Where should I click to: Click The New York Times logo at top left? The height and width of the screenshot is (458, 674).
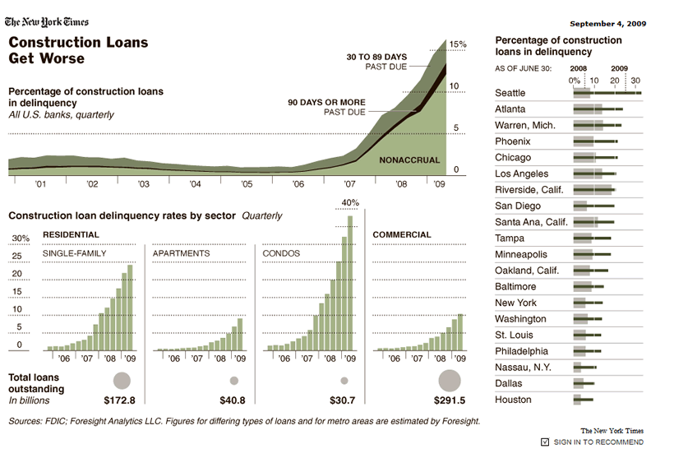[48, 22]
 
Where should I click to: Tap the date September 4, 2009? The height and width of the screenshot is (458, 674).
[607, 23]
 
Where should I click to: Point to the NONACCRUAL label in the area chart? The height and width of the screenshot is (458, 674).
[409, 160]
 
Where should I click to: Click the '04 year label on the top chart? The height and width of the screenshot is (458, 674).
[195, 185]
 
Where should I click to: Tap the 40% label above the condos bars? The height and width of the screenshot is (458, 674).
[349, 202]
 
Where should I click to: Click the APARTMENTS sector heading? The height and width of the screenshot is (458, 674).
[181, 253]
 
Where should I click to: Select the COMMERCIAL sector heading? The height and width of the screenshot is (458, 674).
[402, 234]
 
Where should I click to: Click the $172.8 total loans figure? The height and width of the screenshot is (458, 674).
[119, 400]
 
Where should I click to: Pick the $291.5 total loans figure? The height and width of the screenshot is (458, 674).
[449, 400]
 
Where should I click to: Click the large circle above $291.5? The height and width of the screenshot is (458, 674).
[450, 380]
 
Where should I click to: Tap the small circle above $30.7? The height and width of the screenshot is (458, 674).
[344, 381]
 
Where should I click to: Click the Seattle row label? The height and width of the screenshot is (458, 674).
[510, 93]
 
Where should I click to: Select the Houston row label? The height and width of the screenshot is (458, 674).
[513, 400]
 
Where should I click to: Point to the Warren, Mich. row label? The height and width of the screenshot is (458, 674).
[525, 125]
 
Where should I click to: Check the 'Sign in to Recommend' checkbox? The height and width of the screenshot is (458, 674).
[545, 442]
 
